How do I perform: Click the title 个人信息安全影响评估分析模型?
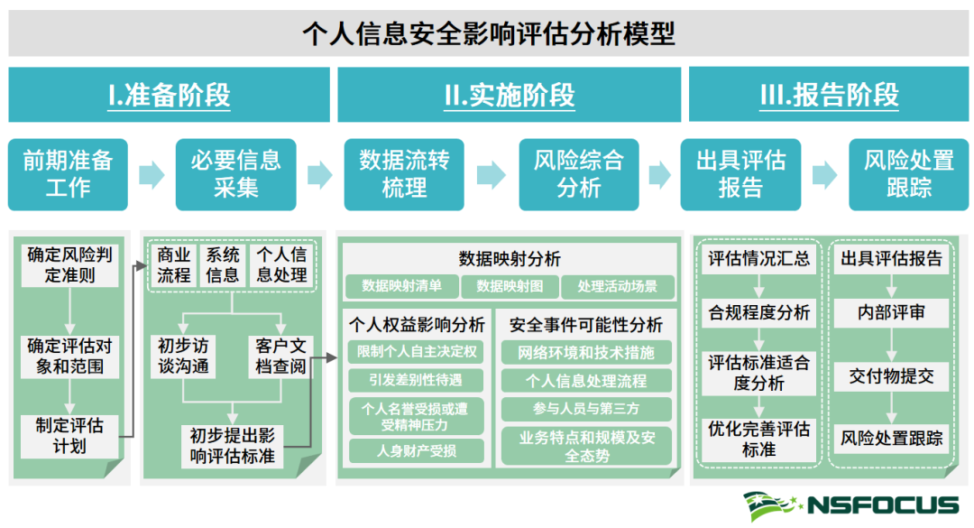[488, 33]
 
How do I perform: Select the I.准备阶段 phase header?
[169, 95]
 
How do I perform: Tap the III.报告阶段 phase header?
[829, 95]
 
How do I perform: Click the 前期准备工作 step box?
[68, 174]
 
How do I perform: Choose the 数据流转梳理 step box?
[404, 174]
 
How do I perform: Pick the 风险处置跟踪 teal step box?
[909, 174]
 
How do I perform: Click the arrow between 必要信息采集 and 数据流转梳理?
[320, 175]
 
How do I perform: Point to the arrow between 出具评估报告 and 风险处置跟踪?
[825, 175]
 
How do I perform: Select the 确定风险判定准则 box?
[69, 265]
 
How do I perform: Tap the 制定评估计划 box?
[69, 436]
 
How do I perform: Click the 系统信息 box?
[223, 265]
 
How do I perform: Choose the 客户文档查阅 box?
[280, 357]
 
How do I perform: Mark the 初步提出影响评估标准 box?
[233, 446]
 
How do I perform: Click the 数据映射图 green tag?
[510, 286]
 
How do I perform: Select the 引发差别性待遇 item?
[416, 379]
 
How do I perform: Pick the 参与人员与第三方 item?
[586, 409]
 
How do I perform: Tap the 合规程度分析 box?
[758, 313]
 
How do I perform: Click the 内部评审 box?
[891, 313]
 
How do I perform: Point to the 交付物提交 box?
[891, 376]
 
